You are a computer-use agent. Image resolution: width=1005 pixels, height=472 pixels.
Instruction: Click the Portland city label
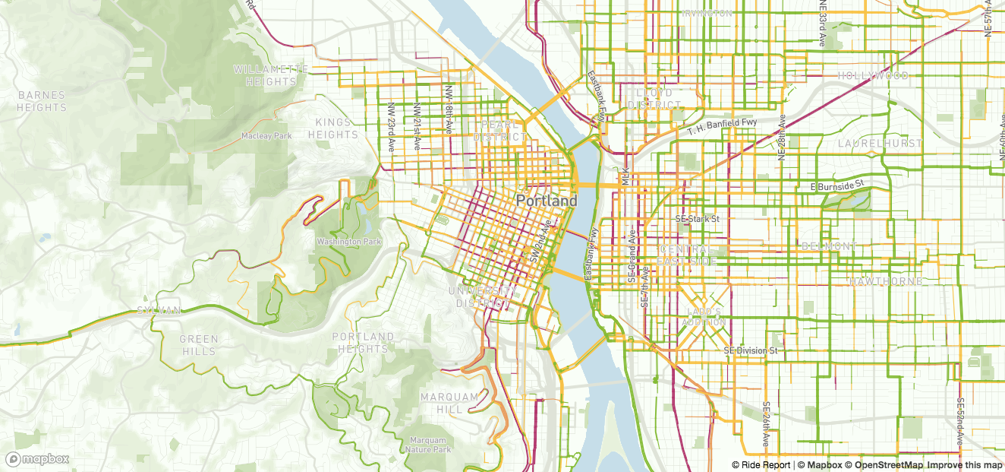tap(546, 201)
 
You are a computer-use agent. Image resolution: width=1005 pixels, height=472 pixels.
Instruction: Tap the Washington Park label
tap(349, 242)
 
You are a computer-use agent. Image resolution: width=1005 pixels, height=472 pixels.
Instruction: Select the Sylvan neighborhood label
tap(159, 311)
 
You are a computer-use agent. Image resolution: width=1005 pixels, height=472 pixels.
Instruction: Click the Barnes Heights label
tap(42, 101)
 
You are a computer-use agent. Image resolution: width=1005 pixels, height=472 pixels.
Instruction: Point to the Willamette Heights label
tap(270, 75)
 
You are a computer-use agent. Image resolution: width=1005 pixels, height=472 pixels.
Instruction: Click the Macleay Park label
tap(266, 136)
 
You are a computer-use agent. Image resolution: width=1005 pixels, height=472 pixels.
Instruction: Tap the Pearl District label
tap(499, 131)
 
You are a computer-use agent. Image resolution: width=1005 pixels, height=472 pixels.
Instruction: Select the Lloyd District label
tap(654, 99)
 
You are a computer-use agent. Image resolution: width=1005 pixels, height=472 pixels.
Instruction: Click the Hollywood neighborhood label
tap(873, 76)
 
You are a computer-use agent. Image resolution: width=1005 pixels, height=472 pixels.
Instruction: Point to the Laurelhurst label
tap(880, 143)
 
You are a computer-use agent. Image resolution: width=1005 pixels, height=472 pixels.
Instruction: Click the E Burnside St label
tap(837, 185)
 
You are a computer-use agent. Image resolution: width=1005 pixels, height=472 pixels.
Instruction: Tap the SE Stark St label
tap(697, 219)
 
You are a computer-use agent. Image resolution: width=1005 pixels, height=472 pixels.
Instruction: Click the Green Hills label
tap(199, 345)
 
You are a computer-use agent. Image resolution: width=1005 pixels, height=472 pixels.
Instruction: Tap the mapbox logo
tap(38, 459)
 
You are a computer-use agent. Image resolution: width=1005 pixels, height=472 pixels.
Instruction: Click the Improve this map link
tap(964, 465)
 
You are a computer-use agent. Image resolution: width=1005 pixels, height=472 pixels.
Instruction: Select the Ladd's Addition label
tap(704, 317)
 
